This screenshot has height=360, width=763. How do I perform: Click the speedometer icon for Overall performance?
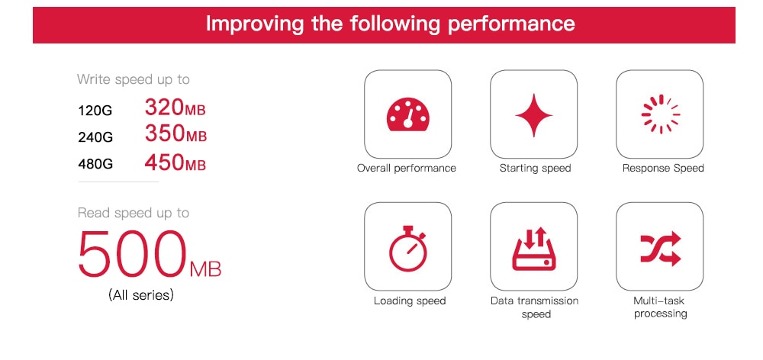tap(407, 114)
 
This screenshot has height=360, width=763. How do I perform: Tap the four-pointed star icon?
tap(534, 115)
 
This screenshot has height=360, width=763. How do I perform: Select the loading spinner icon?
tap(660, 114)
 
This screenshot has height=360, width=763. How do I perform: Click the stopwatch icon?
tap(407, 248)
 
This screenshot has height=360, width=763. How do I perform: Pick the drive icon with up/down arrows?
tap(534, 249)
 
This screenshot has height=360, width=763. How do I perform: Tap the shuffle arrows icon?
tap(660, 249)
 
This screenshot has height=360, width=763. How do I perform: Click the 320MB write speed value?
tap(175, 108)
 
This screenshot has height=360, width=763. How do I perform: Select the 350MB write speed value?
tap(175, 133)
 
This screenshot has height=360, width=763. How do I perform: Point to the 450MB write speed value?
tap(175, 162)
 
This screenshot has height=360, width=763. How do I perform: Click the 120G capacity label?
tap(95, 111)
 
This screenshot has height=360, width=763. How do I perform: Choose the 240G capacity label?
tap(95, 138)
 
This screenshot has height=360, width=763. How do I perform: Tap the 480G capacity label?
tap(95, 165)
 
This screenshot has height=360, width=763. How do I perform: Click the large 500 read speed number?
tap(132, 253)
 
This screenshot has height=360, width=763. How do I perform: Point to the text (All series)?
tap(140, 295)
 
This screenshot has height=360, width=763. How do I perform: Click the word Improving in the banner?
tap(256, 24)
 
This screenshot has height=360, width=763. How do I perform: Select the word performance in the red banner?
tap(511, 24)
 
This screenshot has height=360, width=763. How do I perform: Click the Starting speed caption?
tap(536, 169)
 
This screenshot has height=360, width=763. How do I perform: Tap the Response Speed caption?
tap(663, 169)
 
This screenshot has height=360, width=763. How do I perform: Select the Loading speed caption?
tap(410, 301)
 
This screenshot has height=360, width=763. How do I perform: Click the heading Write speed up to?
tap(134, 79)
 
